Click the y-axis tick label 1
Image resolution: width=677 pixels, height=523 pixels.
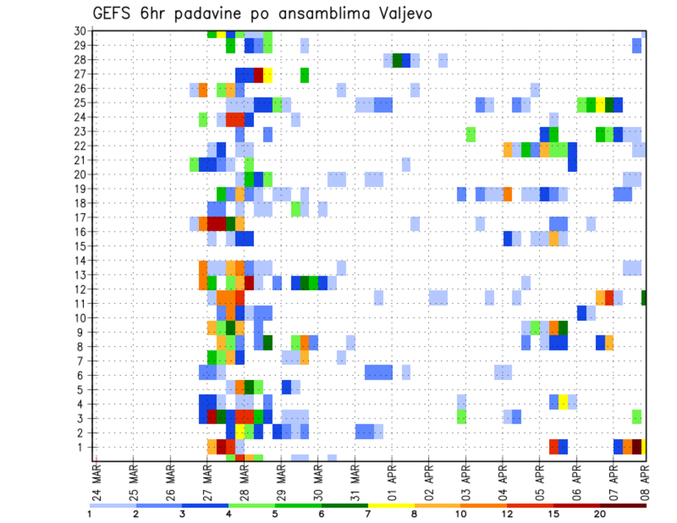point(83,447)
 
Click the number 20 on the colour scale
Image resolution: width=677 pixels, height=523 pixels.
point(600,514)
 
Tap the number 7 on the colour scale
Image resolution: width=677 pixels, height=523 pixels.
point(368,514)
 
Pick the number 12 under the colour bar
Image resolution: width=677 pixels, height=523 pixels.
point(507,514)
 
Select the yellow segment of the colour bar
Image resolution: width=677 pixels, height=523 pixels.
point(391,505)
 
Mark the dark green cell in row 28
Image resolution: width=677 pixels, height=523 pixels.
point(397,60)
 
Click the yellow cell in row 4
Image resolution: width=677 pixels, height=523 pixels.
point(563,404)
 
